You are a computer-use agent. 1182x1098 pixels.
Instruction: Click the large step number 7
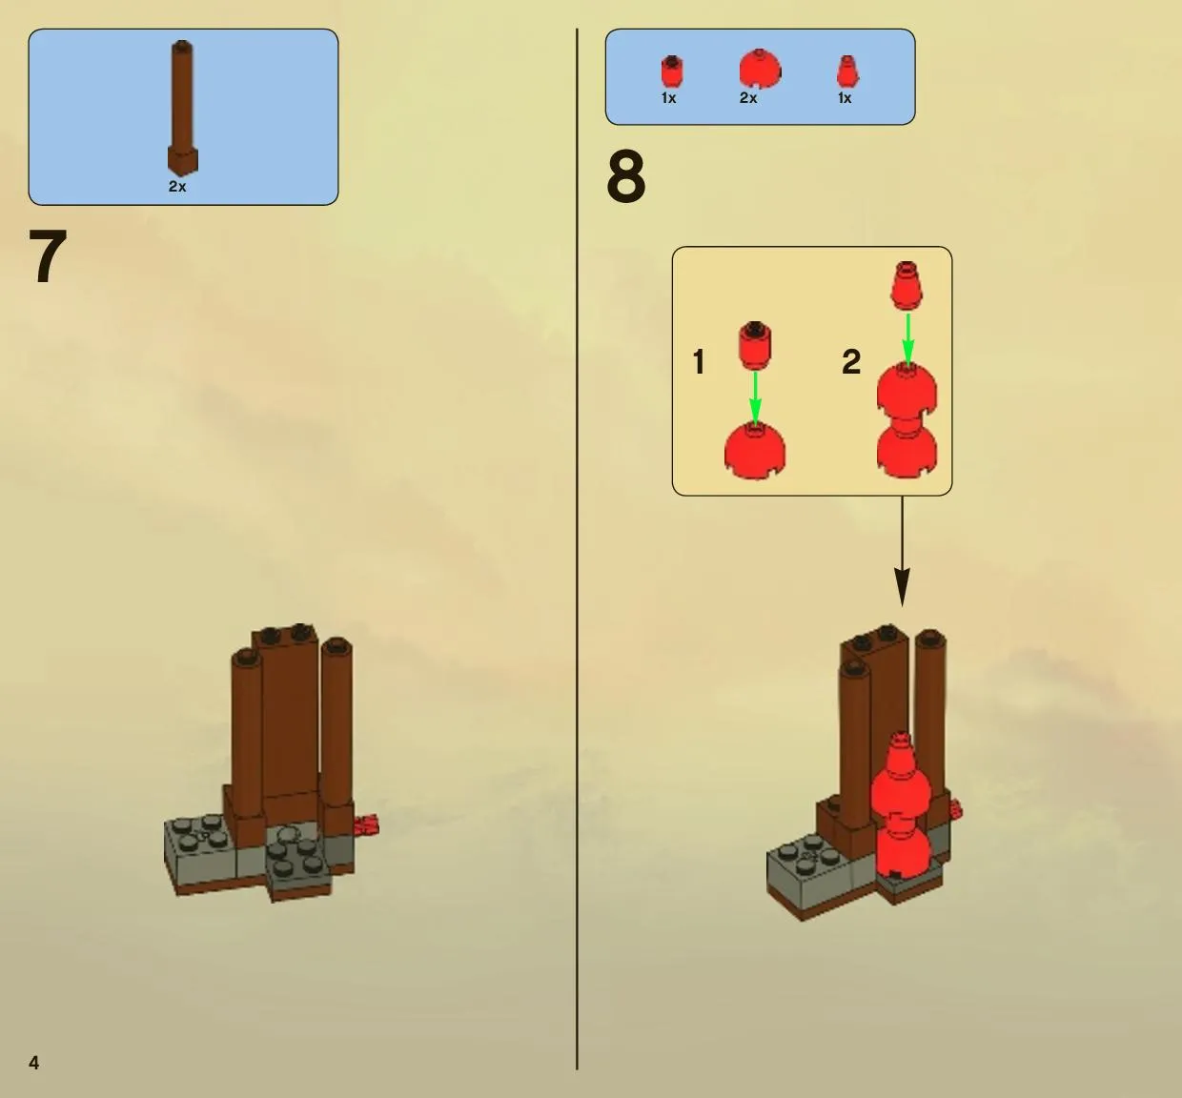49,257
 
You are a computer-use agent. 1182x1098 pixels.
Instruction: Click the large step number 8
626,176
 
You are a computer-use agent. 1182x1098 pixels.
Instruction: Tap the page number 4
34,1063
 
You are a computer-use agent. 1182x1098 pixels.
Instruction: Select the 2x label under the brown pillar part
177,186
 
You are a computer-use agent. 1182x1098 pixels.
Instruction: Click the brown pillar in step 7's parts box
182,108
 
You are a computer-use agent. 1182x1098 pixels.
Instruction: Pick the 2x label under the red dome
748,97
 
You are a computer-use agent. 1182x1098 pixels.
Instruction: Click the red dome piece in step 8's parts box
760,69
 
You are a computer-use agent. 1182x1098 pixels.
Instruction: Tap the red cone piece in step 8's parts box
847,72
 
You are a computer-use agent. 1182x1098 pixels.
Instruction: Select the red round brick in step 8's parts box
672,71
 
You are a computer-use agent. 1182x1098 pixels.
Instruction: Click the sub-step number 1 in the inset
699,362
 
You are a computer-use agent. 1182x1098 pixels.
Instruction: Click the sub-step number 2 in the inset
851,361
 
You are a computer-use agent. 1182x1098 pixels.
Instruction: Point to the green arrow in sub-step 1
755,397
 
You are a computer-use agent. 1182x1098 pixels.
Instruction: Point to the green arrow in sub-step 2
907,339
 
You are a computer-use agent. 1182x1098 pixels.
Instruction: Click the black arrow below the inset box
903,551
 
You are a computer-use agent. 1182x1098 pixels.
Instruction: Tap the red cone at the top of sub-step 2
907,286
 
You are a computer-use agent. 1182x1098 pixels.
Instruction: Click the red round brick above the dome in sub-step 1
755,346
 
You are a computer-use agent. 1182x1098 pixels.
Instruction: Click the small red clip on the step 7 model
366,825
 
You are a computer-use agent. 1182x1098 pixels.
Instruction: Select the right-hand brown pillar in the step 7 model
336,723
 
